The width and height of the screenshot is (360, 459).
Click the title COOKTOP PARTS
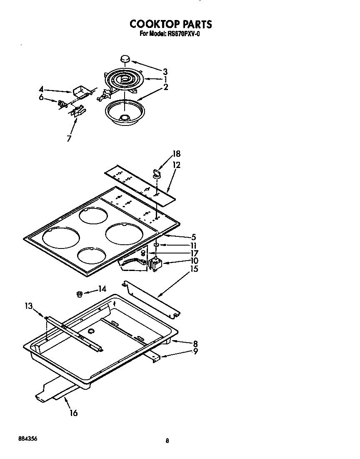click(x=170, y=24)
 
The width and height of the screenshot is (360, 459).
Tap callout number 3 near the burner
click(x=165, y=71)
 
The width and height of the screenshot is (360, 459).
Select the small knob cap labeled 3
click(x=125, y=59)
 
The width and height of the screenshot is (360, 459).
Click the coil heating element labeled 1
click(x=124, y=79)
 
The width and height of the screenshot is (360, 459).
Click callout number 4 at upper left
click(x=41, y=89)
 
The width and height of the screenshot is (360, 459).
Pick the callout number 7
click(x=69, y=138)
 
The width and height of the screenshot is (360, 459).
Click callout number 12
click(x=176, y=165)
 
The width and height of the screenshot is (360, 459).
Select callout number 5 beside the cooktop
click(x=193, y=237)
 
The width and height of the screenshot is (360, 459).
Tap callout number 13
click(x=28, y=306)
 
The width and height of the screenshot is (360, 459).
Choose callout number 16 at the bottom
click(x=73, y=413)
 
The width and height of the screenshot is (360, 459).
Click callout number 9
click(x=195, y=351)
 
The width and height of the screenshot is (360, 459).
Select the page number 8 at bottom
click(x=167, y=441)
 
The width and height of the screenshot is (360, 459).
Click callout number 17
click(x=194, y=253)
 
